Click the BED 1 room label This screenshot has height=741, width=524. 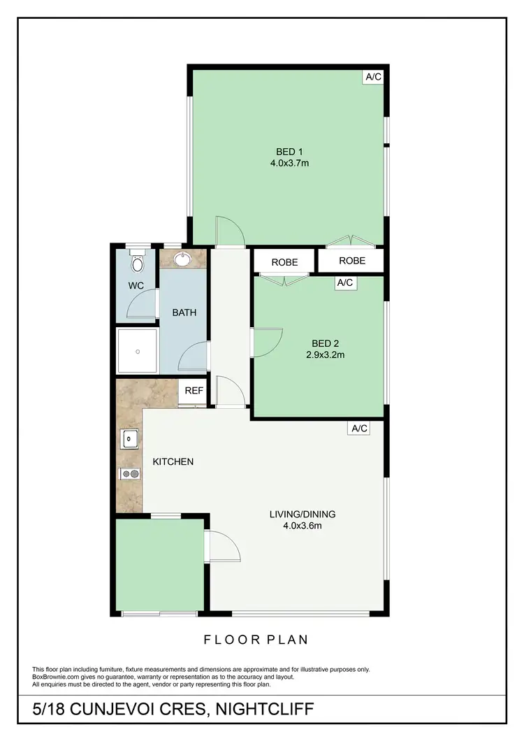point(289,152)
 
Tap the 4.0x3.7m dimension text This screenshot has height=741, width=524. point(289,164)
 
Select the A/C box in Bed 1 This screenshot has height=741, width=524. point(373,77)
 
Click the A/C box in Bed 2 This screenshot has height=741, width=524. point(345,283)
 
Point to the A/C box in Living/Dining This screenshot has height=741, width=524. point(358,428)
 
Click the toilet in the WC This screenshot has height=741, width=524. point(137,264)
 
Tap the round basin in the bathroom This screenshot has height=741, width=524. point(184,259)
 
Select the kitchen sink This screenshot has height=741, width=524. point(130,439)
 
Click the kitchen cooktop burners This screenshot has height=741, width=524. point(130,474)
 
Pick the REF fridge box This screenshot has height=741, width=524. point(194,391)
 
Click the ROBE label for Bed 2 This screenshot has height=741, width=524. point(284,263)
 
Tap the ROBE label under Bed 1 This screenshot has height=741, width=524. point(352,261)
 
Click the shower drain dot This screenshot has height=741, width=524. point(137,350)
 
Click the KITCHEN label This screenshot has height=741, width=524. point(173,462)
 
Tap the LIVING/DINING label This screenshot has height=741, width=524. point(303,515)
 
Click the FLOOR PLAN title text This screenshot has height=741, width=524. point(256,639)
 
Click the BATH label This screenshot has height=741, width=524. point(184,312)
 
